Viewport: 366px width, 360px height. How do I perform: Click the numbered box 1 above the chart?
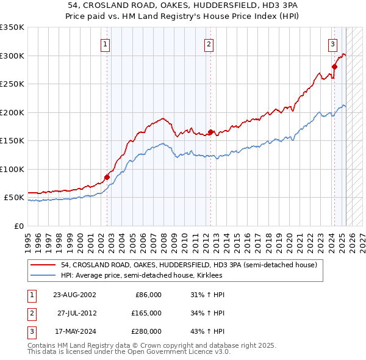pyautogui.click(x=106, y=44)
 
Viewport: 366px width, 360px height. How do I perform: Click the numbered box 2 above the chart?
pyautogui.click(x=209, y=44)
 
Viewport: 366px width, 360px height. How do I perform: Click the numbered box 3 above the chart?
pyautogui.click(x=332, y=44)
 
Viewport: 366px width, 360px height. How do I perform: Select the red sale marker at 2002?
pyautogui.click(x=107, y=177)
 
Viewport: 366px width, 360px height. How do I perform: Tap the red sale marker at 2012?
pyautogui.click(x=210, y=132)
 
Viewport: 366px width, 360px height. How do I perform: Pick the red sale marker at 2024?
pyautogui.click(x=334, y=67)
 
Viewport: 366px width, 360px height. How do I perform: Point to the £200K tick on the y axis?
pyautogui.click(x=12, y=112)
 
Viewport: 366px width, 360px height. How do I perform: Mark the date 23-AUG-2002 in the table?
pyautogui.click(x=74, y=295)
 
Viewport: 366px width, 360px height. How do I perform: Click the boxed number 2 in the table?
pyautogui.click(x=30, y=313)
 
